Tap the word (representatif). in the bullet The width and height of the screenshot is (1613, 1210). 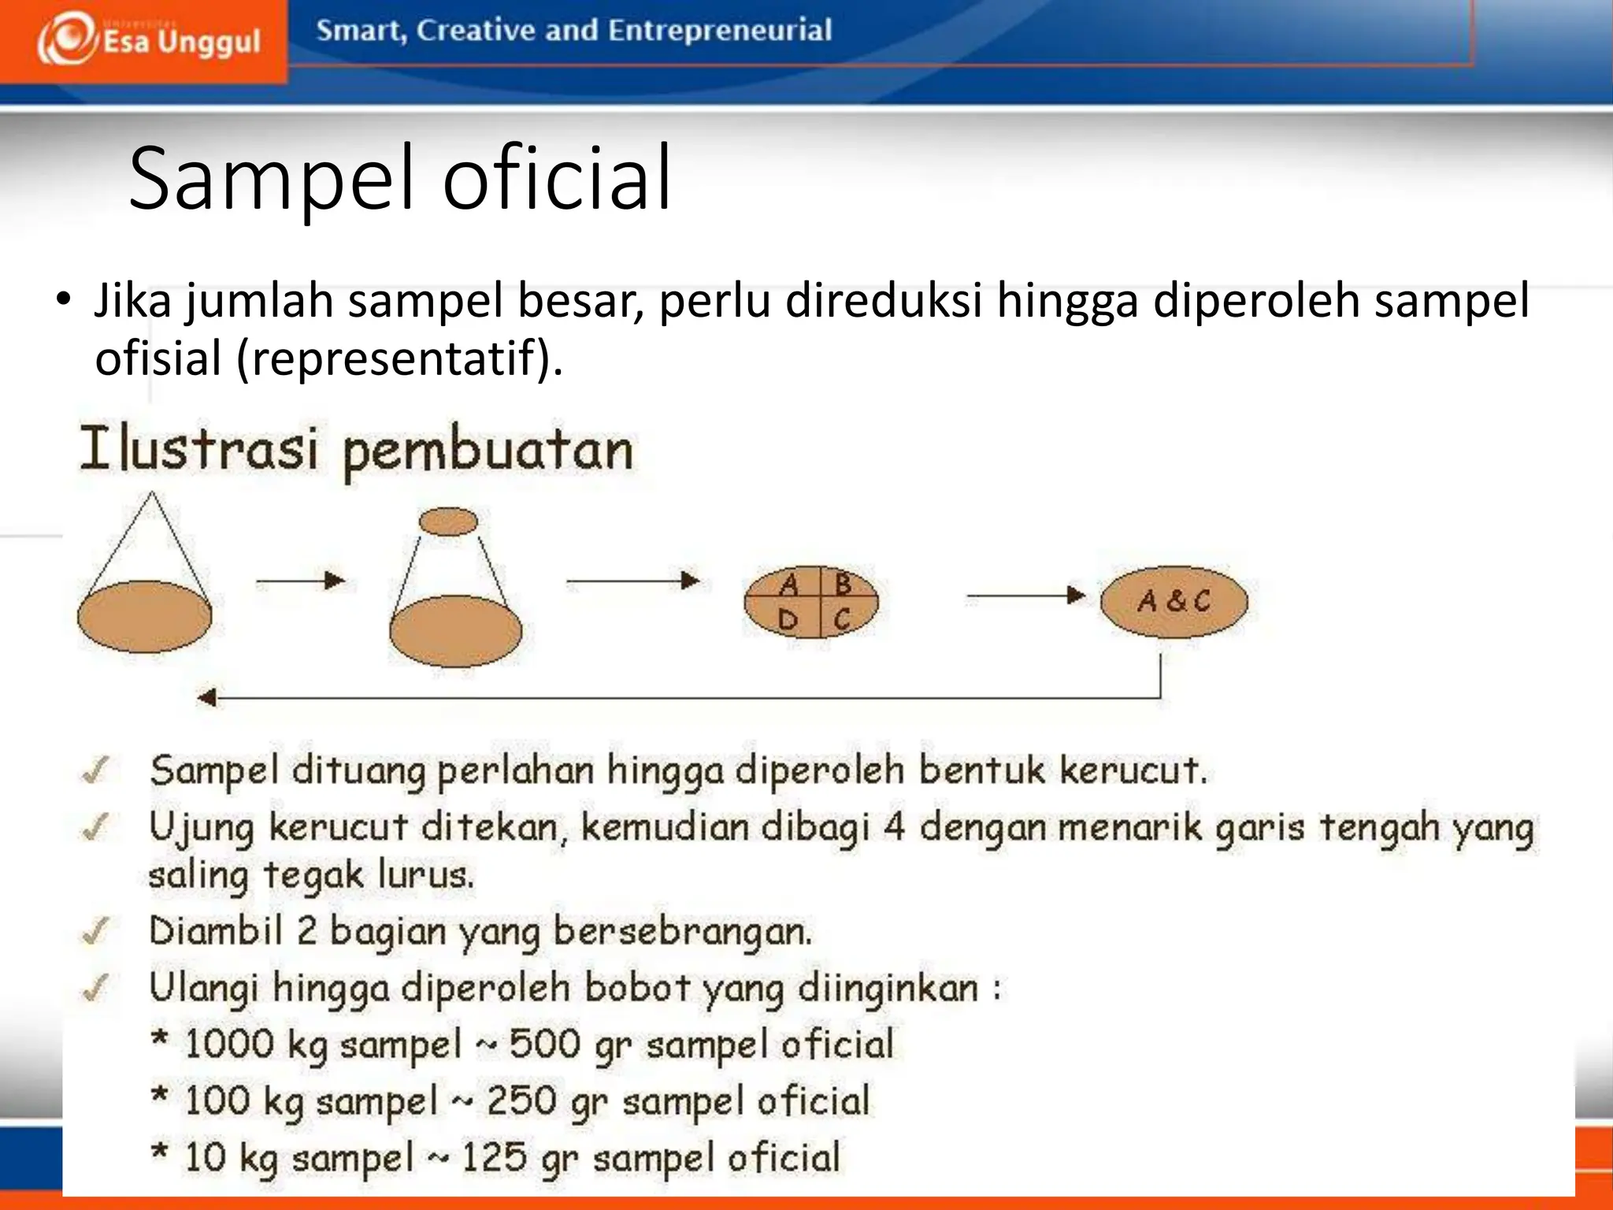399,358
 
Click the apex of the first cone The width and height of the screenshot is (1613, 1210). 152,495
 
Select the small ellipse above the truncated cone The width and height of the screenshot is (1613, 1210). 448,521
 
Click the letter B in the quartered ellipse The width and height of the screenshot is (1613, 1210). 842,585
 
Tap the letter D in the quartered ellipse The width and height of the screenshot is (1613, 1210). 788,621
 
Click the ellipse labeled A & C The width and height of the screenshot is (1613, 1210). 1174,601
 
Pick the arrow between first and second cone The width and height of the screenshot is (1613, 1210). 301,581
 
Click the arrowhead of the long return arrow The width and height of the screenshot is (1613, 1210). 206,697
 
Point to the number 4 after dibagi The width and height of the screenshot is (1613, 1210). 893,828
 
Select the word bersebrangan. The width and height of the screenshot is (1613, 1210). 682,932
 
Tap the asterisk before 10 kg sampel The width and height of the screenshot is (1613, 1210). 159,1152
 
